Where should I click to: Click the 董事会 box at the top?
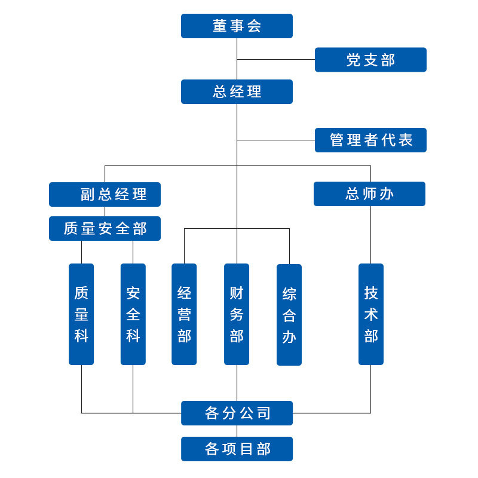pos(237,26)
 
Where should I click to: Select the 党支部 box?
pos(370,60)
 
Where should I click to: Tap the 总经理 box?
pos(237,91)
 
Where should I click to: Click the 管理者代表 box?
pos(370,140)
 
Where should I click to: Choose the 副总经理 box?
pos(105,194)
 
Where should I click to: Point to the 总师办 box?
pos(369,194)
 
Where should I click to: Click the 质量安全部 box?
pos(105,228)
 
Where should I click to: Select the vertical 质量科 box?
pos(81,314)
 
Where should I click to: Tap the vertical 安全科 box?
pos(133,314)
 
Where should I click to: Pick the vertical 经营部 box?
pos(184,314)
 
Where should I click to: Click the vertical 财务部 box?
pos(237,314)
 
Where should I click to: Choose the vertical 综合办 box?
pos(289,314)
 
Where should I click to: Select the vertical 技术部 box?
pos(370,314)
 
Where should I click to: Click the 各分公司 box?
pos(237,413)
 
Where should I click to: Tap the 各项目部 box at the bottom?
pos(237,449)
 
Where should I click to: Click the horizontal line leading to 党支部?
pos(276,59)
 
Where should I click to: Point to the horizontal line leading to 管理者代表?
pos(276,140)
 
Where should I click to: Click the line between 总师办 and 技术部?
pos(370,234)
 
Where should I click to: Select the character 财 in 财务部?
pos(237,293)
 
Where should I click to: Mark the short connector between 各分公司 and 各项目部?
pos(237,431)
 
